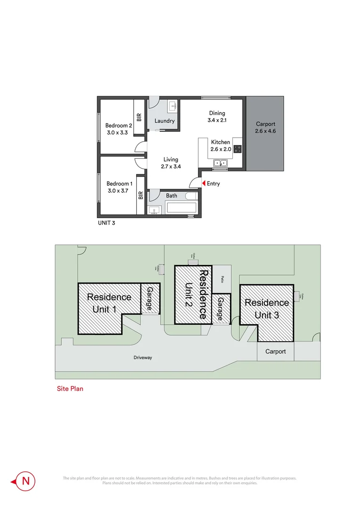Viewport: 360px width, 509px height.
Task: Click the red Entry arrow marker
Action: [203, 183]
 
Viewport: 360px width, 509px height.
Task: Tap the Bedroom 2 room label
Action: [119, 125]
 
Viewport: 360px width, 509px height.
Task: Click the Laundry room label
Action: [164, 121]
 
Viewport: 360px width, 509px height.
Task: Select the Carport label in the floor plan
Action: [265, 124]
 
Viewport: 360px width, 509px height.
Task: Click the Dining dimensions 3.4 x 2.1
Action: [217, 121]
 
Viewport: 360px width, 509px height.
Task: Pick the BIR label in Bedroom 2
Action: [139, 117]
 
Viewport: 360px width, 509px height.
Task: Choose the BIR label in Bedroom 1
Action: [140, 195]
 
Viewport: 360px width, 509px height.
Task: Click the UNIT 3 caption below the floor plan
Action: [106, 223]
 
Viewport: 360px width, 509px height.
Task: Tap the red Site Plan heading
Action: [70, 389]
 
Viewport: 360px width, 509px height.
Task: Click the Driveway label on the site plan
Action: [142, 358]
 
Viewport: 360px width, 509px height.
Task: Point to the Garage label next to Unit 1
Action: [150, 298]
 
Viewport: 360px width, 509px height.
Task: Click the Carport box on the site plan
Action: [275, 352]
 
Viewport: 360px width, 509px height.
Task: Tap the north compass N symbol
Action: [25, 481]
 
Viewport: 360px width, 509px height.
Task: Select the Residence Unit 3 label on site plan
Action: [267, 309]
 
